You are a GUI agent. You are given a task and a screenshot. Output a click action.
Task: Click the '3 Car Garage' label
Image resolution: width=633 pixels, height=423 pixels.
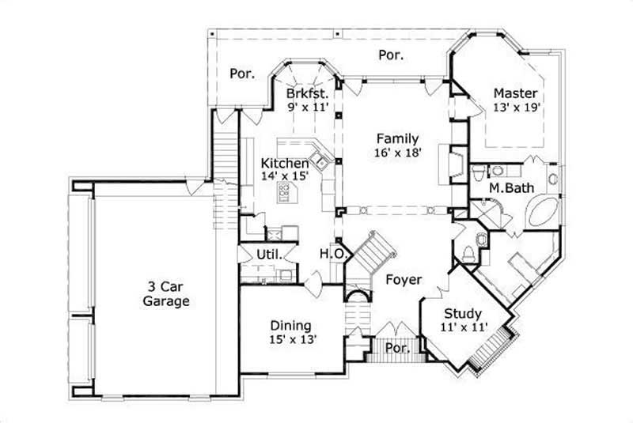166,293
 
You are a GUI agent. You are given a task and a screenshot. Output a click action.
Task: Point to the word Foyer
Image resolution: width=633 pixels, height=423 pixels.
404,280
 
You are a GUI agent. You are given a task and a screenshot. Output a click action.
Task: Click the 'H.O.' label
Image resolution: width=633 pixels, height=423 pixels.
331,253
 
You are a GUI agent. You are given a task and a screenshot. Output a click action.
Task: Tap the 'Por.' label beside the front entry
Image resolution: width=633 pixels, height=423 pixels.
394,348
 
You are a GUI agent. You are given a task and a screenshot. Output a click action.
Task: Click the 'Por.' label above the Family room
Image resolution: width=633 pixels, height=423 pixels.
391,55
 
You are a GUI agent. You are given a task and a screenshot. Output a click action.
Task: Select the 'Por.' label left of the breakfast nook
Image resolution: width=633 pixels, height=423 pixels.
242,74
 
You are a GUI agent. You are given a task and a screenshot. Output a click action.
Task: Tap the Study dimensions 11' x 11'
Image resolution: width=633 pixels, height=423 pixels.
464,326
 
